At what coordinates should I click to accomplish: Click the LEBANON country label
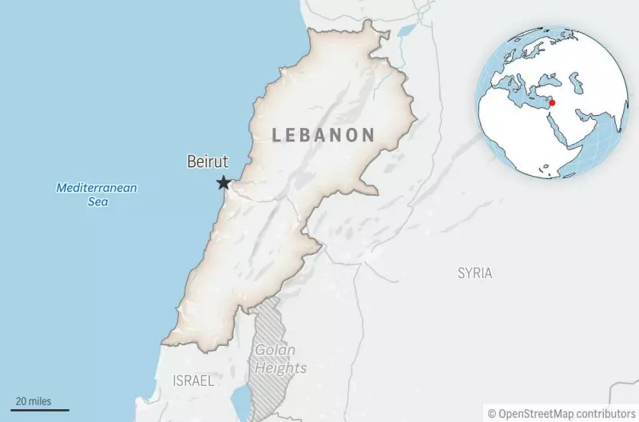click(x=323, y=135)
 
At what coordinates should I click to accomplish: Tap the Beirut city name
click(x=207, y=162)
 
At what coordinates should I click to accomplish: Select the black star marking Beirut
click(x=223, y=183)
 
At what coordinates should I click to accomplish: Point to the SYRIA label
click(x=474, y=273)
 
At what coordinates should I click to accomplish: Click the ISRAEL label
click(x=193, y=381)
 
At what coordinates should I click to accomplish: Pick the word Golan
click(x=275, y=350)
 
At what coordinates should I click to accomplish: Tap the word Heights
click(x=280, y=368)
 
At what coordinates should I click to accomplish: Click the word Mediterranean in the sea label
click(x=96, y=188)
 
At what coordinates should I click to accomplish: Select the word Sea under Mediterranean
click(x=97, y=202)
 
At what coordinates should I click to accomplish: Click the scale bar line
click(x=40, y=410)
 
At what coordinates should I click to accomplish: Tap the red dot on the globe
click(x=551, y=102)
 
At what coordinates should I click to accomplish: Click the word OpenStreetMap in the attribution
click(x=540, y=413)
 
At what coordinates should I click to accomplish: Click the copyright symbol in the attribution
click(x=493, y=413)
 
